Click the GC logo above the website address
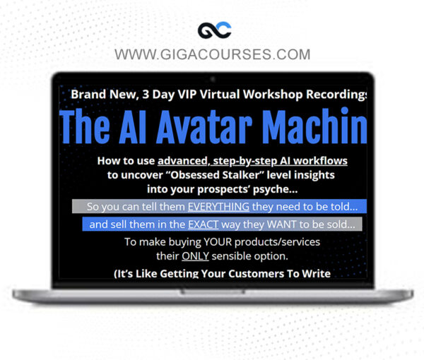211,30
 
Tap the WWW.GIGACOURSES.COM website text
212,54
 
